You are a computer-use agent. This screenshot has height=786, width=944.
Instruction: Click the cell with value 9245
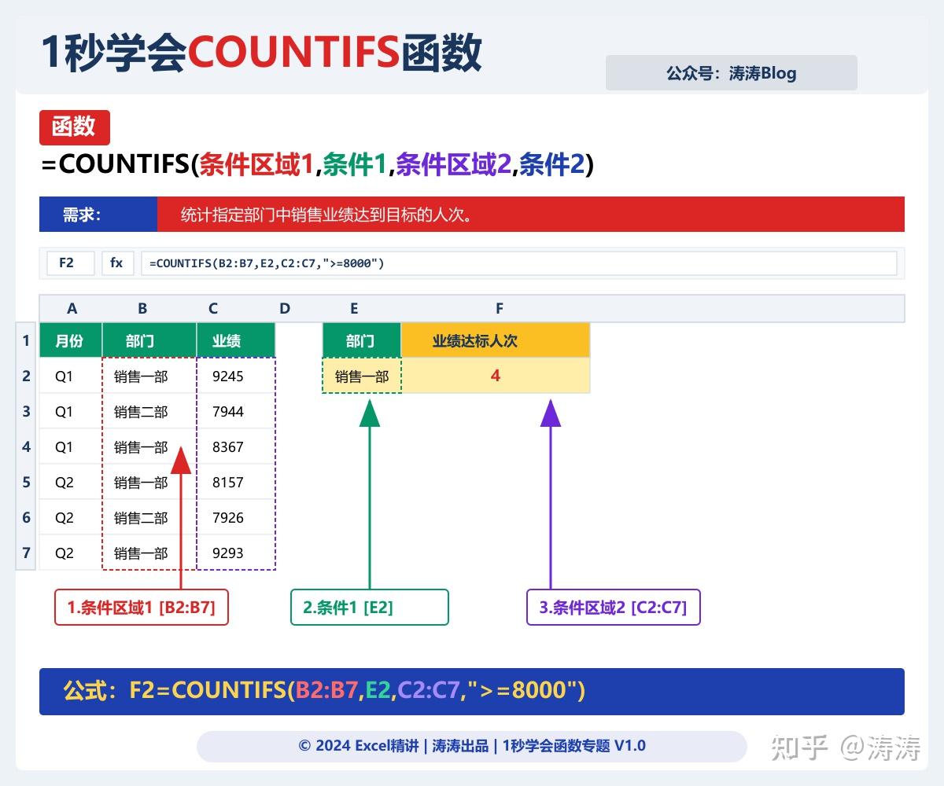pyautogui.click(x=228, y=376)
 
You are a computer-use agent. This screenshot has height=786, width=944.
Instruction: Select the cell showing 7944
pyautogui.click(x=228, y=411)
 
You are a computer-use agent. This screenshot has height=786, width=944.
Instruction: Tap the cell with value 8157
pyautogui.click(x=228, y=482)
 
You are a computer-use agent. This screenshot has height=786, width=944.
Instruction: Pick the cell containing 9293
pyautogui.click(x=228, y=553)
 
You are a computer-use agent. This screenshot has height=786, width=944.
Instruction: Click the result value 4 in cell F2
pyautogui.click(x=496, y=376)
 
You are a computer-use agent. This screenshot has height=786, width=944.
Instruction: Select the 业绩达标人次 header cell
pyautogui.click(x=496, y=340)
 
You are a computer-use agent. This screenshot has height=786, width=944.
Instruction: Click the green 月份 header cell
pyautogui.click(x=71, y=340)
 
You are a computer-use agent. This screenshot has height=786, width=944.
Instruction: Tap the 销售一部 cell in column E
pyautogui.click(x=362, y=376)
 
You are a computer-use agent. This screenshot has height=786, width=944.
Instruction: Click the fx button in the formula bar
pyautogui.click(x=117, y=263)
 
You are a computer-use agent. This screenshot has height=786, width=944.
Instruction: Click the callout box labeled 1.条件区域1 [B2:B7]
pyautogui.click(x=142, y=608)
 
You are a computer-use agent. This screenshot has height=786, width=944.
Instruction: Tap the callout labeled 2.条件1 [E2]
pyautogui.click(x=370, y=608)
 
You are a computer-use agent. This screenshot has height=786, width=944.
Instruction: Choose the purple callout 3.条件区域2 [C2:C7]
pyautogui.click(x=614, y=608)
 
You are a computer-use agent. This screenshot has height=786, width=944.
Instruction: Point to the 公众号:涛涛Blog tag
pyautogui.click(x=731, y=73)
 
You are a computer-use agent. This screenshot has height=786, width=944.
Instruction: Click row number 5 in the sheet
pyautogui.click(x=26, y=482)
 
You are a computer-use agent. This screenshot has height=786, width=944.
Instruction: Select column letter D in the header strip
pyautogui.click(x=285, y=309)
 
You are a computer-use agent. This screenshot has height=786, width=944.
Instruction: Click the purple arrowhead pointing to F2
pyautogui.click(x=551, y=413)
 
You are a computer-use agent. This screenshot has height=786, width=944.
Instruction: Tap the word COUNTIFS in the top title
pyautogui.click(x=293, y=53)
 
